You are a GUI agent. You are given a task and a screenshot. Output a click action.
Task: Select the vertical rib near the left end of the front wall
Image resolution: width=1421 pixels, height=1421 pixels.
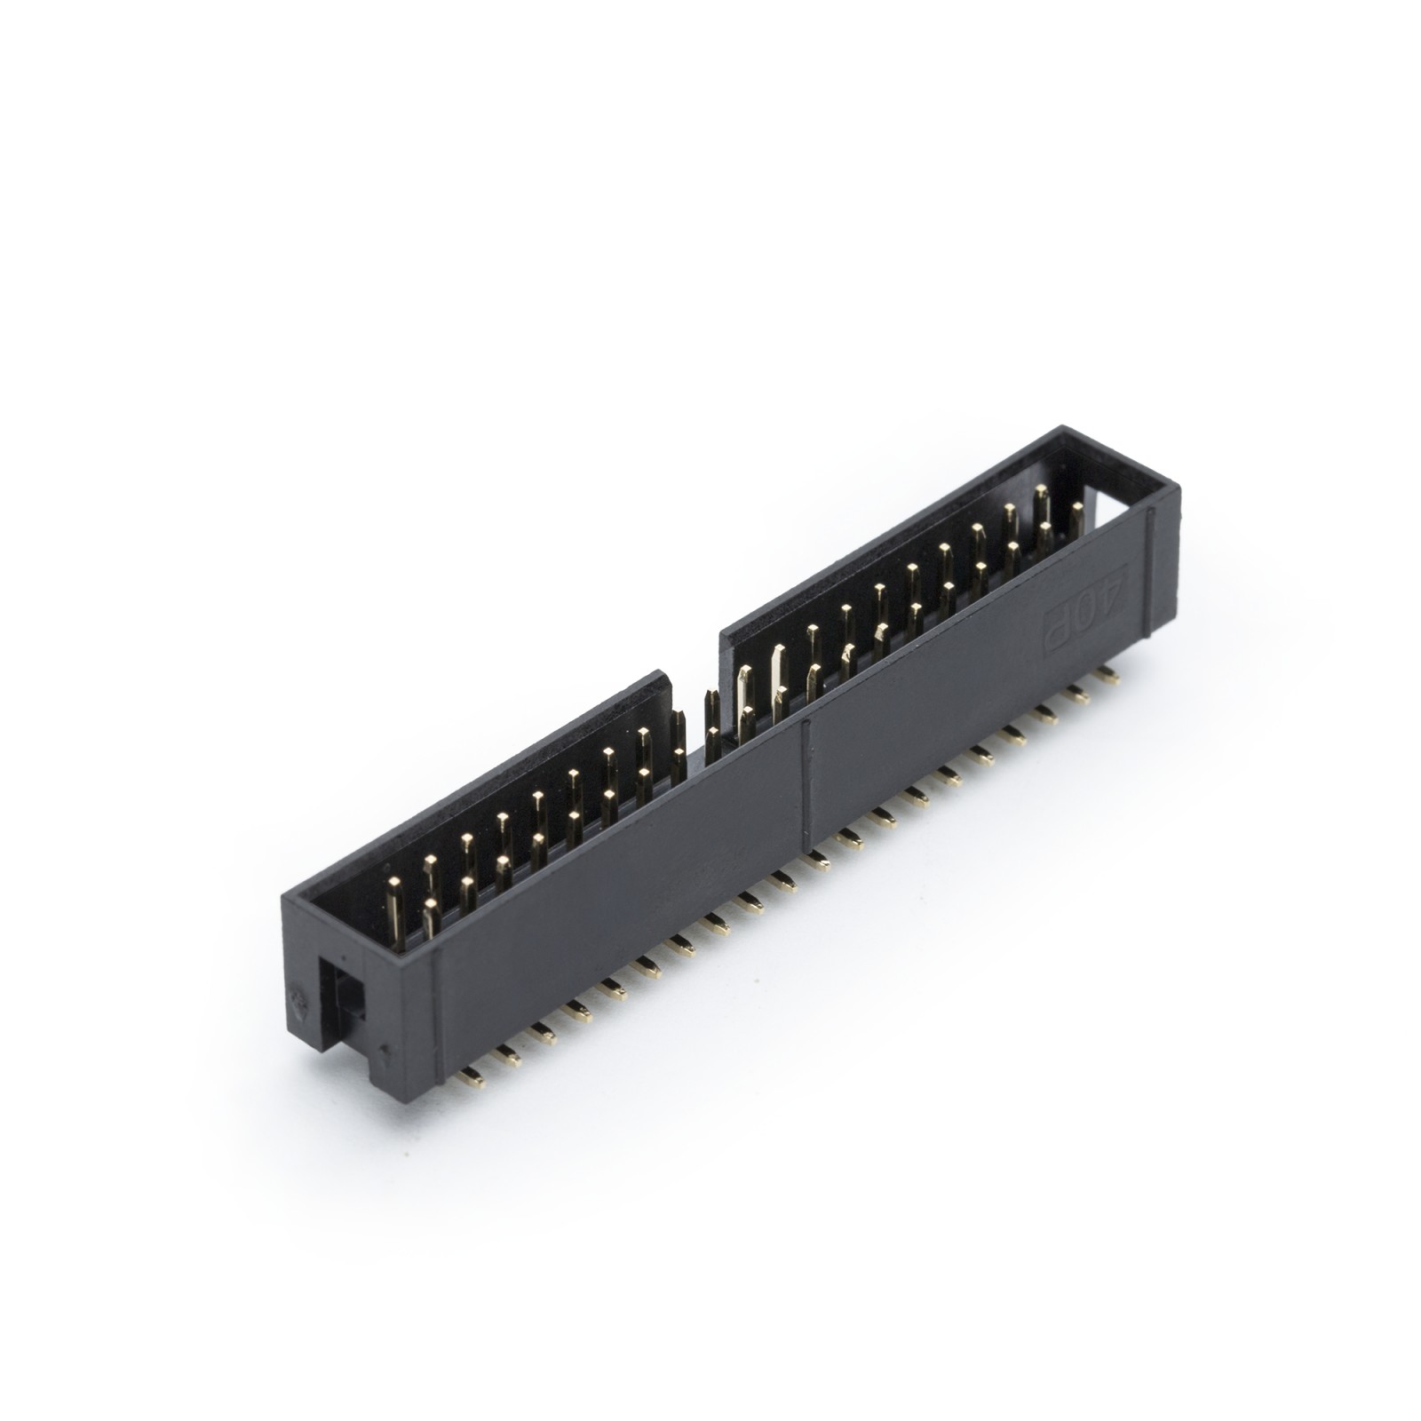(436, 995)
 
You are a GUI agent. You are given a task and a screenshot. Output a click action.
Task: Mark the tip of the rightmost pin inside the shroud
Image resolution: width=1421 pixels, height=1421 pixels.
(1077, 508)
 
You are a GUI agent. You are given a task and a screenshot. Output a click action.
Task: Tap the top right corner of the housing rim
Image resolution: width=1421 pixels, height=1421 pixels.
(1178, 488)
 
